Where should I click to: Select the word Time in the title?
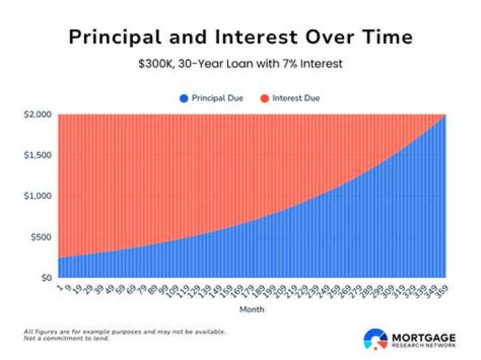[x=383, y=37]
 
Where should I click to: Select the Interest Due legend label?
[x=296, y=98]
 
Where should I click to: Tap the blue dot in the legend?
[x=183, y=98]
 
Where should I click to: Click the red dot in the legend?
[x=265, y=98]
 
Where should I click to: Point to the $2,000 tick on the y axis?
[x=38, y=115]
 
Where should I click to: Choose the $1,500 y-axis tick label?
[x=38, y=156]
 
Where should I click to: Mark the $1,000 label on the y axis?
[x=38, y=196]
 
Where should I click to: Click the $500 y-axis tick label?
[x=41, y=237]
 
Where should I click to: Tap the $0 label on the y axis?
[x=45, y=277]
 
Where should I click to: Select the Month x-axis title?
[x=252, y=310]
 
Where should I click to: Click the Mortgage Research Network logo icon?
[x=375, y=339]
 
